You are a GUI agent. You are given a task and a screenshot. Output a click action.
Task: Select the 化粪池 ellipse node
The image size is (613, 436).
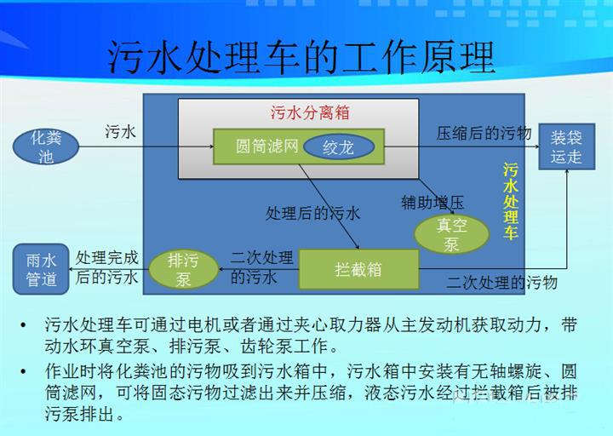45,147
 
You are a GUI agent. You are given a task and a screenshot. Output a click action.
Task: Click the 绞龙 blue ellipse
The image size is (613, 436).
338,147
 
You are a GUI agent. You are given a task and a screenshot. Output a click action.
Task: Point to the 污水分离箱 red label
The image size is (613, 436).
299,112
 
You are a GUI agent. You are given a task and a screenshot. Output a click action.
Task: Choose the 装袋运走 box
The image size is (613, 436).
566,146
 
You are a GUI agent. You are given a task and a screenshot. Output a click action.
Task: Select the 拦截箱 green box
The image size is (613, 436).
358,270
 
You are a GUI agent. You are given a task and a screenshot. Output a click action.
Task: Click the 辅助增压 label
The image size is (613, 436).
432,202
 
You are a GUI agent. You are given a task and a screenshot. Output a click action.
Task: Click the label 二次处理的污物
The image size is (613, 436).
501,283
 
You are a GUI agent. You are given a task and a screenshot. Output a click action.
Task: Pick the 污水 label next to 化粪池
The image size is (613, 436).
120,131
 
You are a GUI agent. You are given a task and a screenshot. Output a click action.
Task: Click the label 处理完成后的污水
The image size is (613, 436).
106,267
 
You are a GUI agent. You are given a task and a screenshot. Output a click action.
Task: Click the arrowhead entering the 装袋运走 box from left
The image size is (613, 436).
536,146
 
